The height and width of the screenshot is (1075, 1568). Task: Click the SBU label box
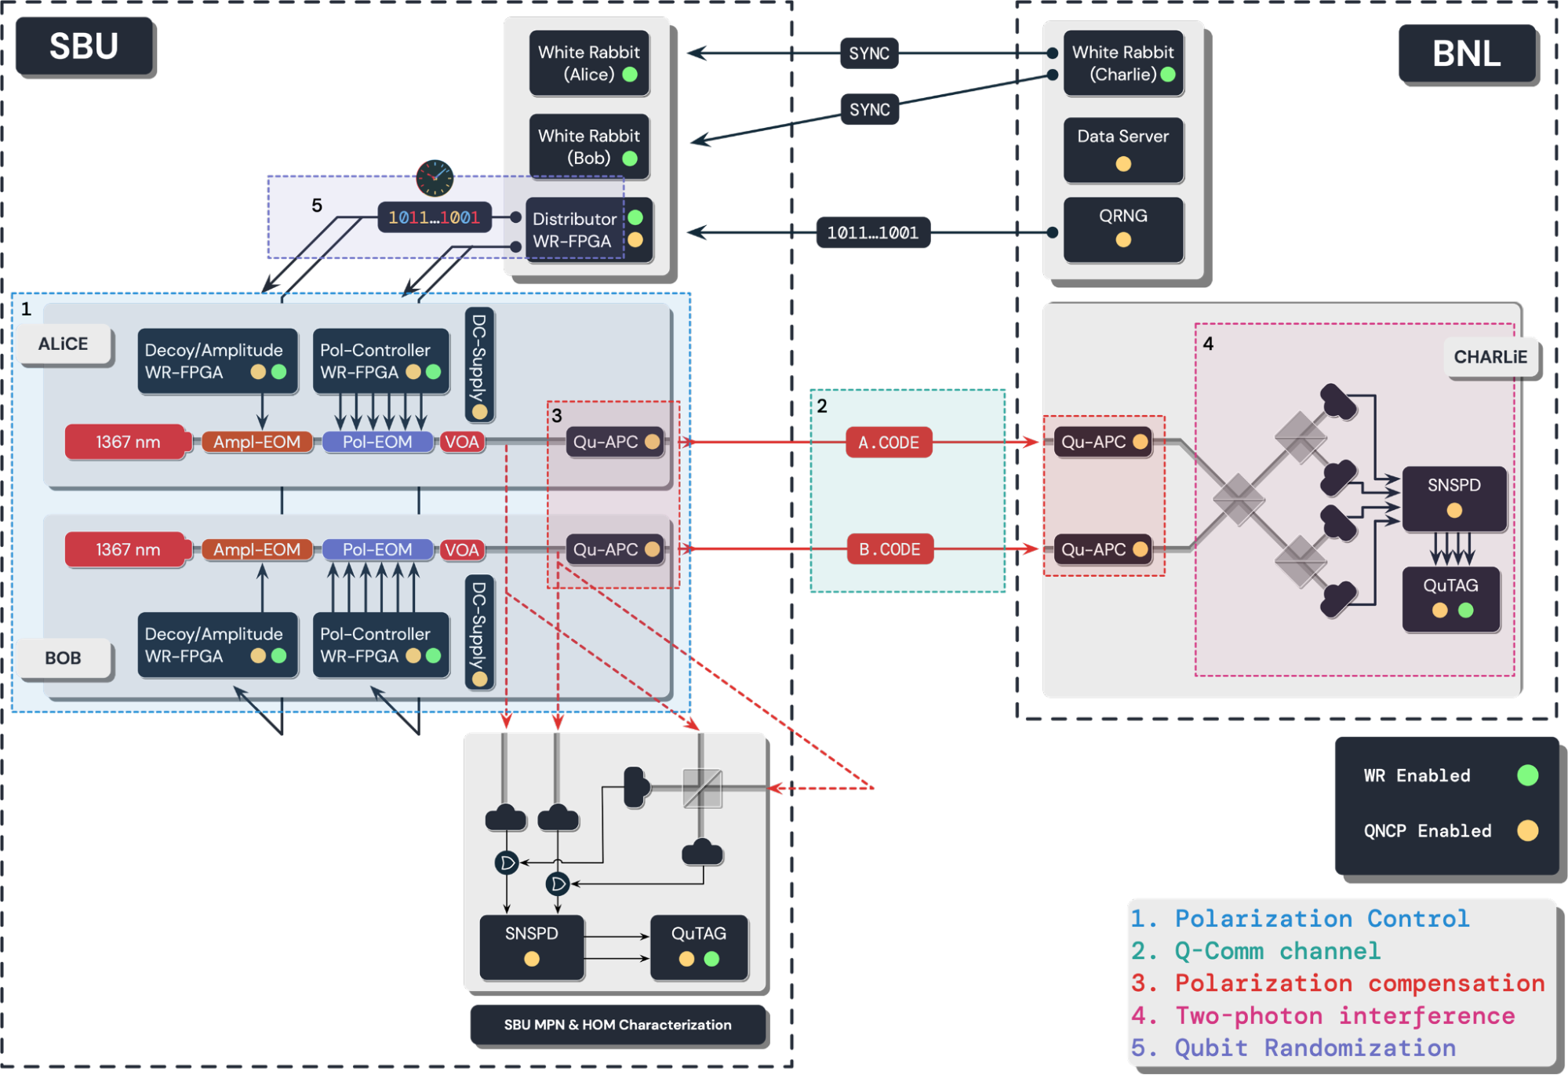[84, 46]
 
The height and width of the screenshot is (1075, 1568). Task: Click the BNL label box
[1466, 53]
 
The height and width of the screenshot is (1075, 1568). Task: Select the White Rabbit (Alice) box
[589, 64]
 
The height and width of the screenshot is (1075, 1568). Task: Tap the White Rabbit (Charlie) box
[1122, 64]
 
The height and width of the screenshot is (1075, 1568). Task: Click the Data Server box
[1122, 149]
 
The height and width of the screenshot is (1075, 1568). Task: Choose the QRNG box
[1122, 228]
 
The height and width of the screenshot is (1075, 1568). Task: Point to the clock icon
[435, 178]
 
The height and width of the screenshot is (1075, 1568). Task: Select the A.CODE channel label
[888, 443]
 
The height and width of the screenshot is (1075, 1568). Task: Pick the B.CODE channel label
[889, 549]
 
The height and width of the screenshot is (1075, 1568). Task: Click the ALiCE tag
[64, 344]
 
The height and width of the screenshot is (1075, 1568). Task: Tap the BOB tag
[64, 658]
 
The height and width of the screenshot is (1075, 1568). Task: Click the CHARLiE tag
[1490, 358]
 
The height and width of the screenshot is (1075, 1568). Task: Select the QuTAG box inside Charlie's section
[1450, 598]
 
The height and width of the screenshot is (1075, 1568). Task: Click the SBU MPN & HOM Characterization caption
[617, 1025]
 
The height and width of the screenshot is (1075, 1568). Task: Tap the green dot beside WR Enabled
[1527, 776]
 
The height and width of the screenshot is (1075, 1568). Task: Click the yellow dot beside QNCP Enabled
[1527, 831]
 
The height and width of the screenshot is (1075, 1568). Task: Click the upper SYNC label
[869, 53]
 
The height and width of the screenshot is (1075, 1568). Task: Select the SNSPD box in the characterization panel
[531, 946]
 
